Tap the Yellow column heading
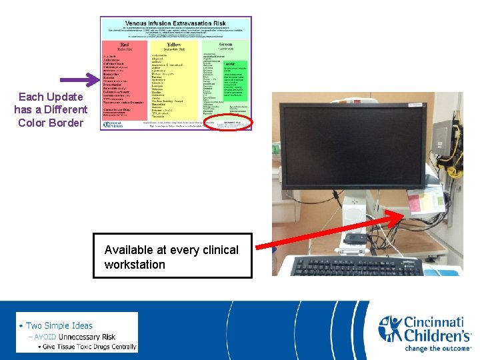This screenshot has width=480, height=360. pos(173,45)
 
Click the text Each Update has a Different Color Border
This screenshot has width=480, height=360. pos(51,110)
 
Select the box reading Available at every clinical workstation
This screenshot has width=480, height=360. pos(172,256)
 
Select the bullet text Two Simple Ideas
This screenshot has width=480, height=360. pos(59,325)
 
